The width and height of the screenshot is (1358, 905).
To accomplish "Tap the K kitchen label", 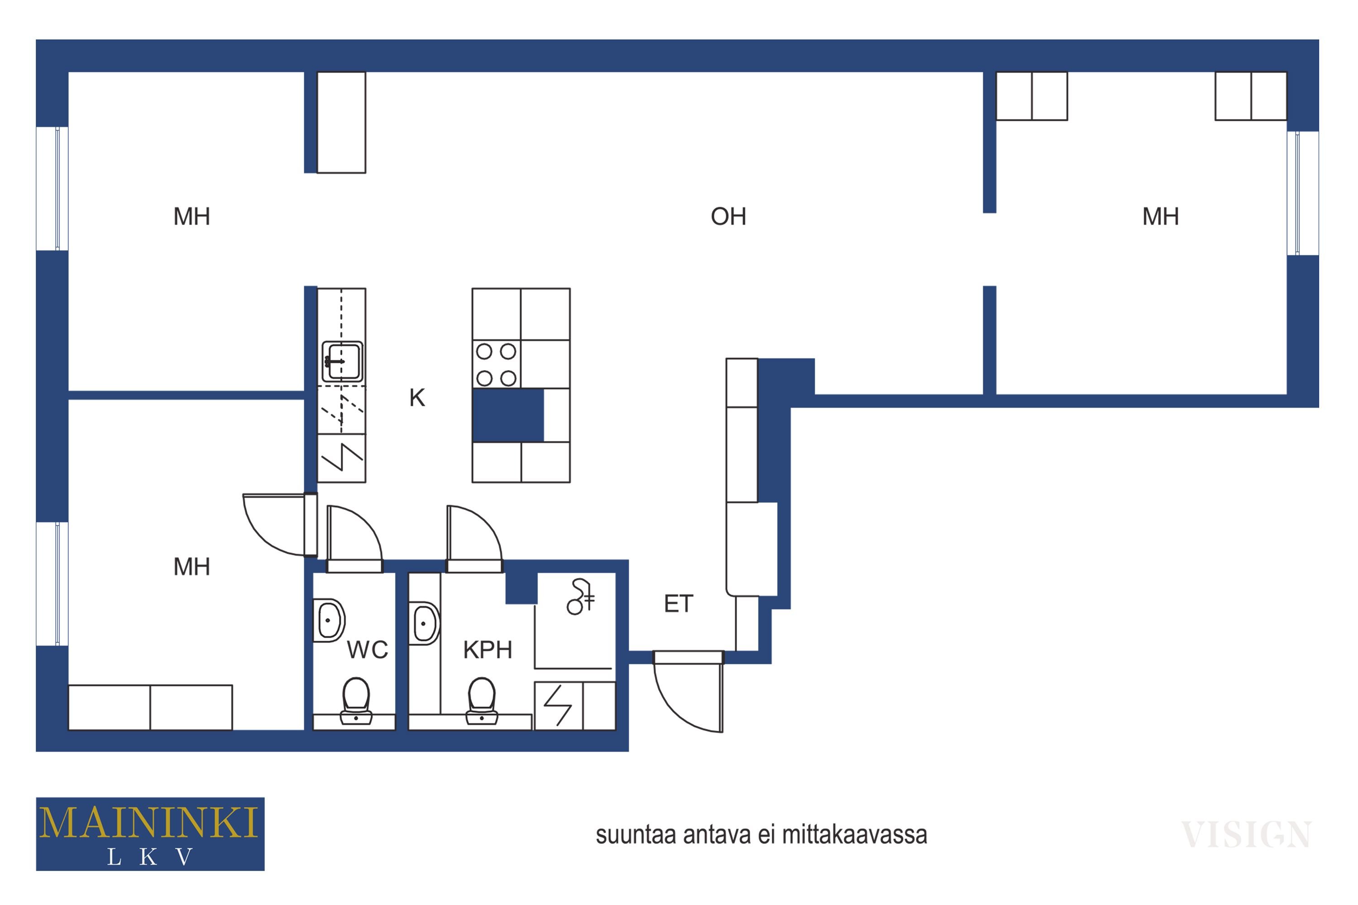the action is (x=417, y=398).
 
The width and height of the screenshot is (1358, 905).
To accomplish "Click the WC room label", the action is (x=367, y=650).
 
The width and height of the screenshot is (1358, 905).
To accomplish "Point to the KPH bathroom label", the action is (x=488, y=650).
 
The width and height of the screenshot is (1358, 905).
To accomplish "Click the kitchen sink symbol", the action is (x=342, y=362).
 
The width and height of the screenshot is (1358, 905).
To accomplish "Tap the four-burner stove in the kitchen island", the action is (x=496, y=365).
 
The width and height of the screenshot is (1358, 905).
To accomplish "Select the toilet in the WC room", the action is (x=356, y=700).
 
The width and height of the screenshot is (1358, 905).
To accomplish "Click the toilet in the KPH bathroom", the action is (x=482, y=700).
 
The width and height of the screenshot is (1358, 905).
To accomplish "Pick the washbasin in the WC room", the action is (x=329, y=620).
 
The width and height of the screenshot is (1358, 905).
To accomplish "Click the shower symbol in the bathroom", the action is (x=580, y=597).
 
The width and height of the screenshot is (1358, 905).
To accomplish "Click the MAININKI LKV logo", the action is (x=150, y=834).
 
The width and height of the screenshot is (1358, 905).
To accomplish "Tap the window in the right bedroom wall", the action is (x=1303, y=193).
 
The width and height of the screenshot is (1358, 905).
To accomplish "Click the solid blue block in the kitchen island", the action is (x=508, y=415).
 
